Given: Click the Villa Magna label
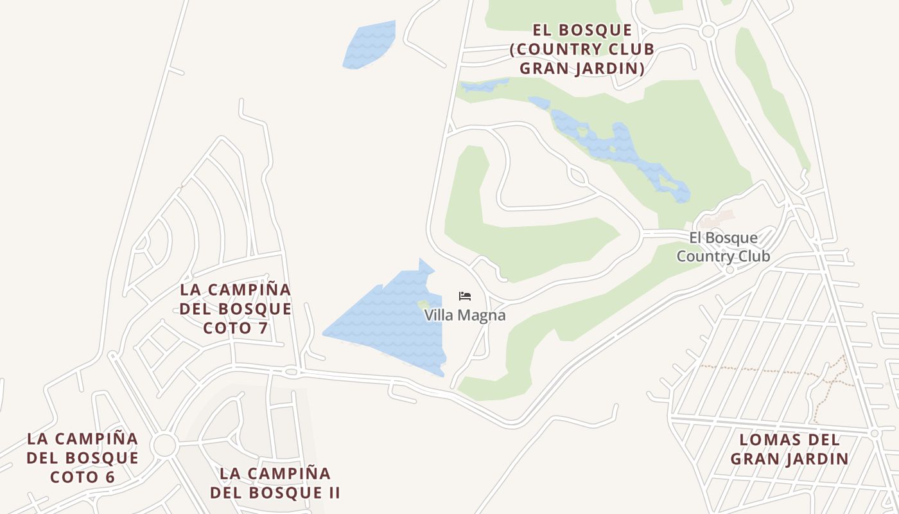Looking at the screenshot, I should point(465,315).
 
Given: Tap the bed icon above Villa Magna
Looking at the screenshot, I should point(465,296).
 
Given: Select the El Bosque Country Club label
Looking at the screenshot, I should point(723,247).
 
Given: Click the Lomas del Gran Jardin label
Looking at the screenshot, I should point(789,449).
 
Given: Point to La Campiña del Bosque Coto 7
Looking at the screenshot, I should point(235,309).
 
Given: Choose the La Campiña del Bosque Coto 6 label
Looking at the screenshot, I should point(83,458).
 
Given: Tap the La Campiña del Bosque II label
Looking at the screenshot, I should point(275,483).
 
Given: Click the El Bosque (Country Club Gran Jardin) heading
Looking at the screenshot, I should point(582,49).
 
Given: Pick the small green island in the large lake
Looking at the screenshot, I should point(424,305).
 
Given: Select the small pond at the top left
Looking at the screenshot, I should point(368,45).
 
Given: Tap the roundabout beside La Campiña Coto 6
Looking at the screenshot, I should point(164,445).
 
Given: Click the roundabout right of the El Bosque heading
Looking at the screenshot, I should point(709,31).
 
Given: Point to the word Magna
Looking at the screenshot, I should point(483,315).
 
